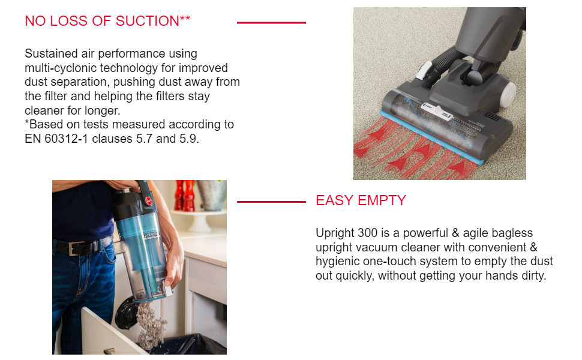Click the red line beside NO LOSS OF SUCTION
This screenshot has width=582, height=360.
pos(271,23)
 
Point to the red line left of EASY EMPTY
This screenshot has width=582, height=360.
pos(271,202)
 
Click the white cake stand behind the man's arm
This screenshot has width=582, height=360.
pos(205,220)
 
